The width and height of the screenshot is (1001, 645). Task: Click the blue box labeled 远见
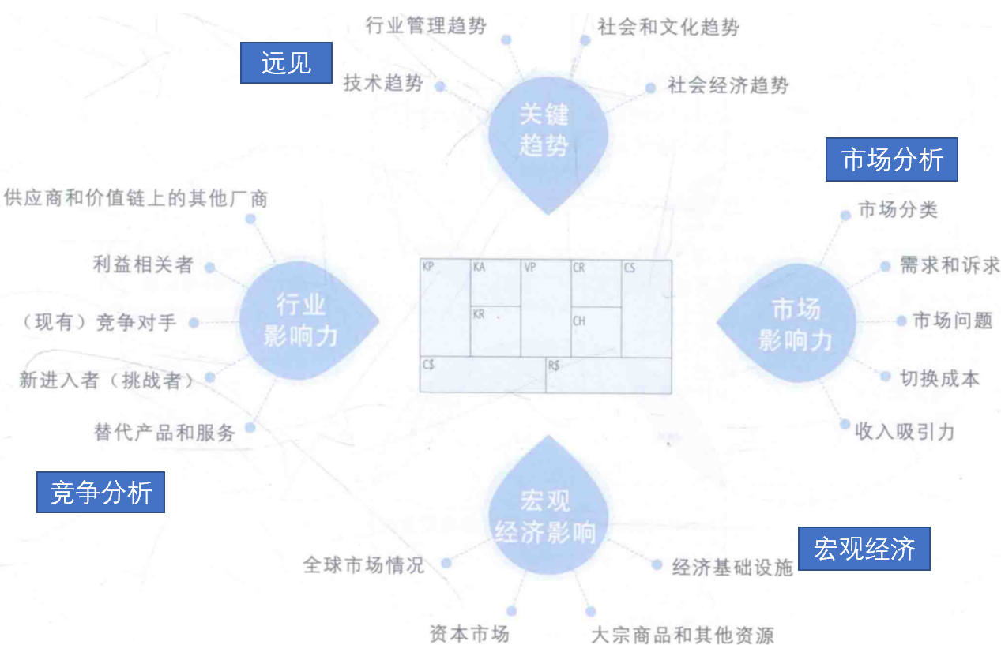coord(286,62)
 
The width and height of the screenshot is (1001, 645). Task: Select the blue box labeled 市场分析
coord(892,160)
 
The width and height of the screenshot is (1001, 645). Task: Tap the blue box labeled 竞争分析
coord(100,492)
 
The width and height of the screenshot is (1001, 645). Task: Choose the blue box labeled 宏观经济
coord(864,549)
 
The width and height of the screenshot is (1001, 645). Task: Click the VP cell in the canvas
coord(545,308)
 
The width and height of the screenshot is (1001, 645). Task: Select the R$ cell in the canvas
coord(608,375)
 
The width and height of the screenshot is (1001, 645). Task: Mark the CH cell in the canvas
coord(596,332)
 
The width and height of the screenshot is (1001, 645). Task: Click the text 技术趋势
coord(383,84)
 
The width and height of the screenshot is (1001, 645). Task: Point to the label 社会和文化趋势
coord(668,28)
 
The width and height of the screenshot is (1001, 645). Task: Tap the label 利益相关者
coord(143,265)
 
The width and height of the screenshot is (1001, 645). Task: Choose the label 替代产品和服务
coord(164,433)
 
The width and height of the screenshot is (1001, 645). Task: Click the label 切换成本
coord(939,378)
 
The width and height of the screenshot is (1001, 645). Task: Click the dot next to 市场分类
coord(845,214)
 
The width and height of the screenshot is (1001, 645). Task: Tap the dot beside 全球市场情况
coord(446,563)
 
